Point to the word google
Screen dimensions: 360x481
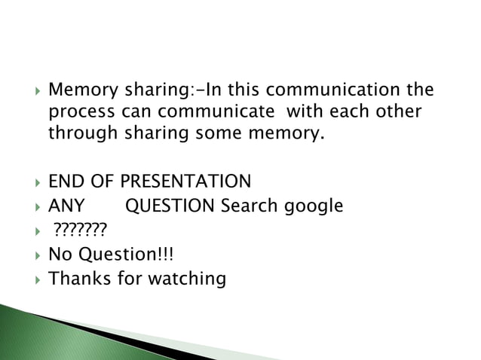314,206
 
